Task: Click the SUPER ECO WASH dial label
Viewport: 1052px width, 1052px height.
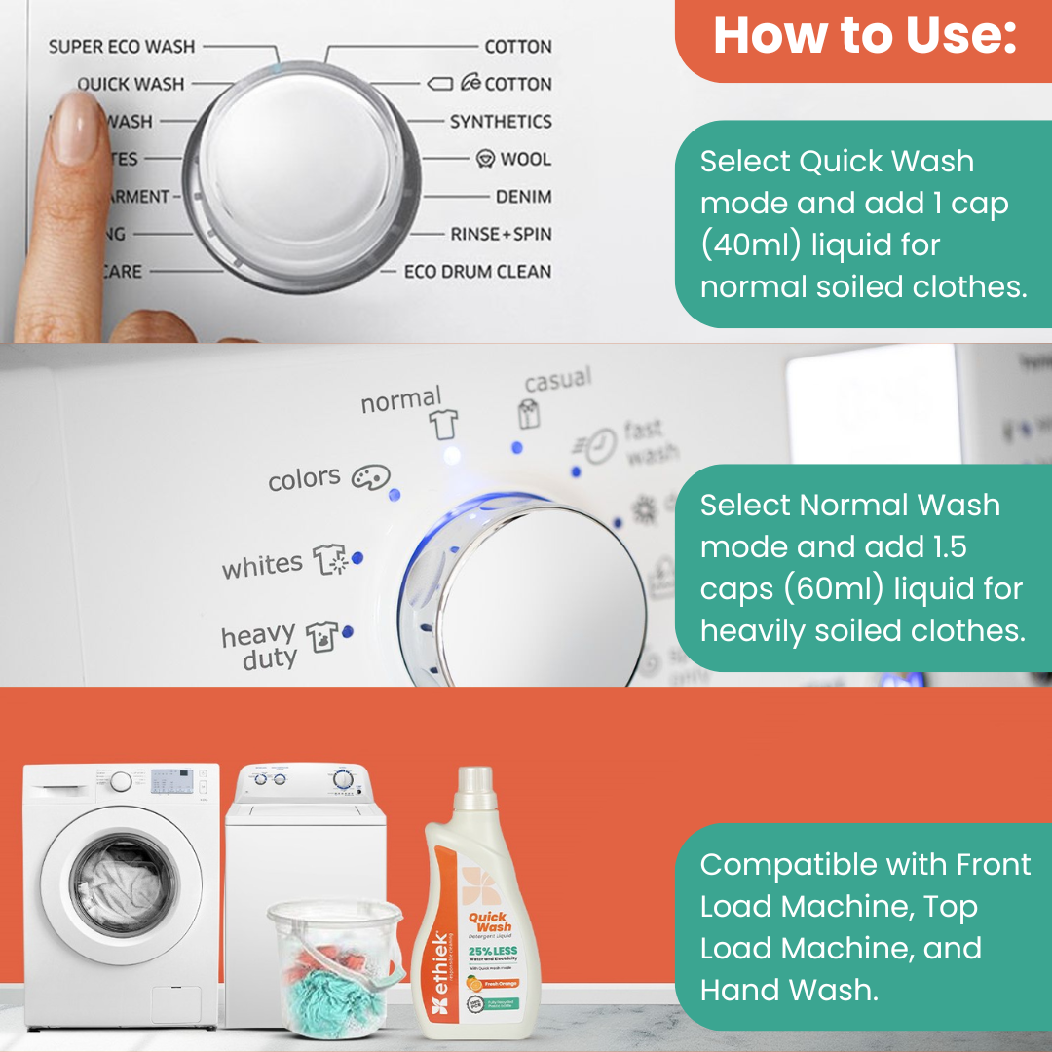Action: coord(122,46)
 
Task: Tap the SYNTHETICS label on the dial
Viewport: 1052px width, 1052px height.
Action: coord(500,122)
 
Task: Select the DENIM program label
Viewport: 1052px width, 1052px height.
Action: coord(523,197)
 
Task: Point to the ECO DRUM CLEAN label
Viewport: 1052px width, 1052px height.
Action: coord(477,272)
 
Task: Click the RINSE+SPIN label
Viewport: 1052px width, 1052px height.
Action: coord(500,234)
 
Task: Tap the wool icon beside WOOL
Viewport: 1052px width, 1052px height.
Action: coord(485,159)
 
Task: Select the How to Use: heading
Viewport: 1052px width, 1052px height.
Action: coord(865,36)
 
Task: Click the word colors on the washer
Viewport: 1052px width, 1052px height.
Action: coord(304,479)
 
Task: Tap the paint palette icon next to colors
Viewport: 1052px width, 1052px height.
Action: coord(370,477)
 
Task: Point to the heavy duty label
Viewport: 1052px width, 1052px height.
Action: coord(258,647)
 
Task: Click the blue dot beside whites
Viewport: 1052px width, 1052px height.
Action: coord(357,558)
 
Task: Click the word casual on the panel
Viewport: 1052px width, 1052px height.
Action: coord(557,381)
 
